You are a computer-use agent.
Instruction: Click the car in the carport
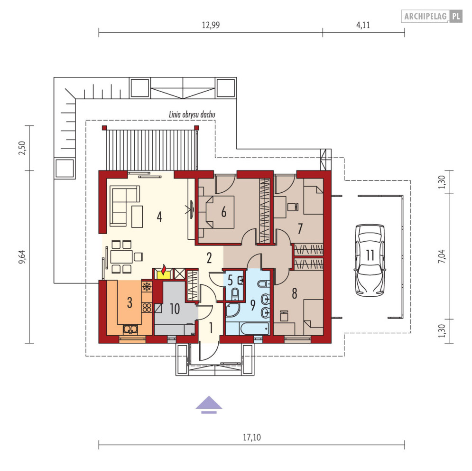pyautogui.click(x=370, y=260)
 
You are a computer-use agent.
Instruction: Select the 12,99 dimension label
pyautogui.click(x=211, y=25)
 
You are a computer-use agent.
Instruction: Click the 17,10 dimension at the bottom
pyautogui.click(x=251, y=437)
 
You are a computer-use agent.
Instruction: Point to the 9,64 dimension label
pyautogui.click(x=22, y=257)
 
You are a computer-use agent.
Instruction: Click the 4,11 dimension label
pyautogui.click(x=363, y=25)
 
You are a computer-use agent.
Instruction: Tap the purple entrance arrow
pyautogui.click(x=209, y=405)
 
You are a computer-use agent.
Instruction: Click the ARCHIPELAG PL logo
pyautogui.click(x=432, y=16)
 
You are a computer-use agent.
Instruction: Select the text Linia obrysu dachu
pyautogui.click(x=192, y=114)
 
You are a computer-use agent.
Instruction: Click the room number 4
pyautogui.click(x=159, y=217)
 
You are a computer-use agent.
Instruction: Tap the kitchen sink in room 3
pyautogui.click(x=130, y=330)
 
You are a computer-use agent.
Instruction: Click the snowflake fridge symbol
pyautogui.click(x=147, y=286)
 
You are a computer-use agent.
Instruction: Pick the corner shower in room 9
pyautogui.click(x=232, y=310)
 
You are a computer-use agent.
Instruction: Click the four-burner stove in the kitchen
pyautogui.click(x=147, y=308)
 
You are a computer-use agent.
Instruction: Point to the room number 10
pyautogui.click(x=175, y=309)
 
